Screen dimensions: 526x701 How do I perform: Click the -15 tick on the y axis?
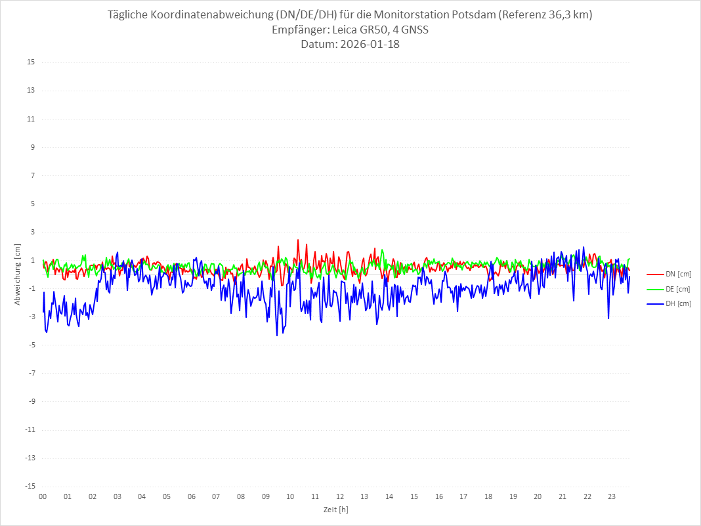(30, 486)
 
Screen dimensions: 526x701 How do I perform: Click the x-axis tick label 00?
(43, 496)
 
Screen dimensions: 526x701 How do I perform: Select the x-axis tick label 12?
(340, 496)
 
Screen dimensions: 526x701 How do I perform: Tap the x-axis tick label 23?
(612, 496)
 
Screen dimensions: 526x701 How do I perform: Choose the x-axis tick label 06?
(191, 496)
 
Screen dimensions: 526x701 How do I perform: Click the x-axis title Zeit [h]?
(336, 509)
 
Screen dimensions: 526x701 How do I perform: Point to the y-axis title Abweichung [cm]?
(18, 274)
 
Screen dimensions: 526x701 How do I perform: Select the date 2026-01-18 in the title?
(367, 45)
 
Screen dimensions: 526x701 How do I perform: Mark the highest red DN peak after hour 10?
(298, 240)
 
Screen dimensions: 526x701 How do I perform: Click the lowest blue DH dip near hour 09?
(277, 335)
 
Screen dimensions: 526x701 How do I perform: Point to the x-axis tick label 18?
(488, 496)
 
